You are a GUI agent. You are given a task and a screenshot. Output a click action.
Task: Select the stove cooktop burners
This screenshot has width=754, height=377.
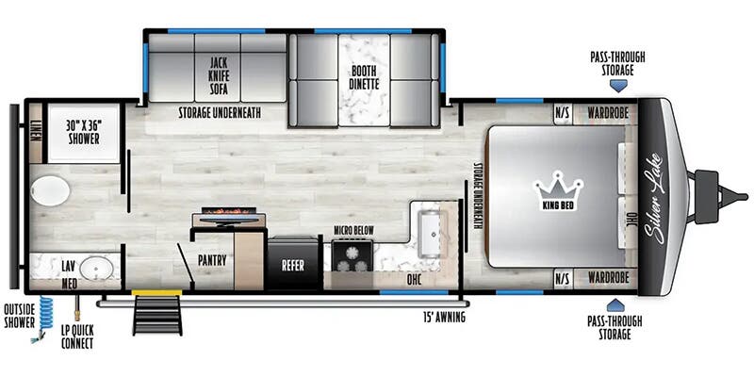tap(352, 256)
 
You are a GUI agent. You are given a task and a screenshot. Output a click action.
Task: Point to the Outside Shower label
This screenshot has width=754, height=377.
tap(18, 315)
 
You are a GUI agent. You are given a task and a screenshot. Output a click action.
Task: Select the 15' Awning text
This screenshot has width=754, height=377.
tap(444, 317)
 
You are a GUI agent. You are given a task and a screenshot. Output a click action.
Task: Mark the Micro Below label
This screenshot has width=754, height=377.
tap(355, 229)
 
